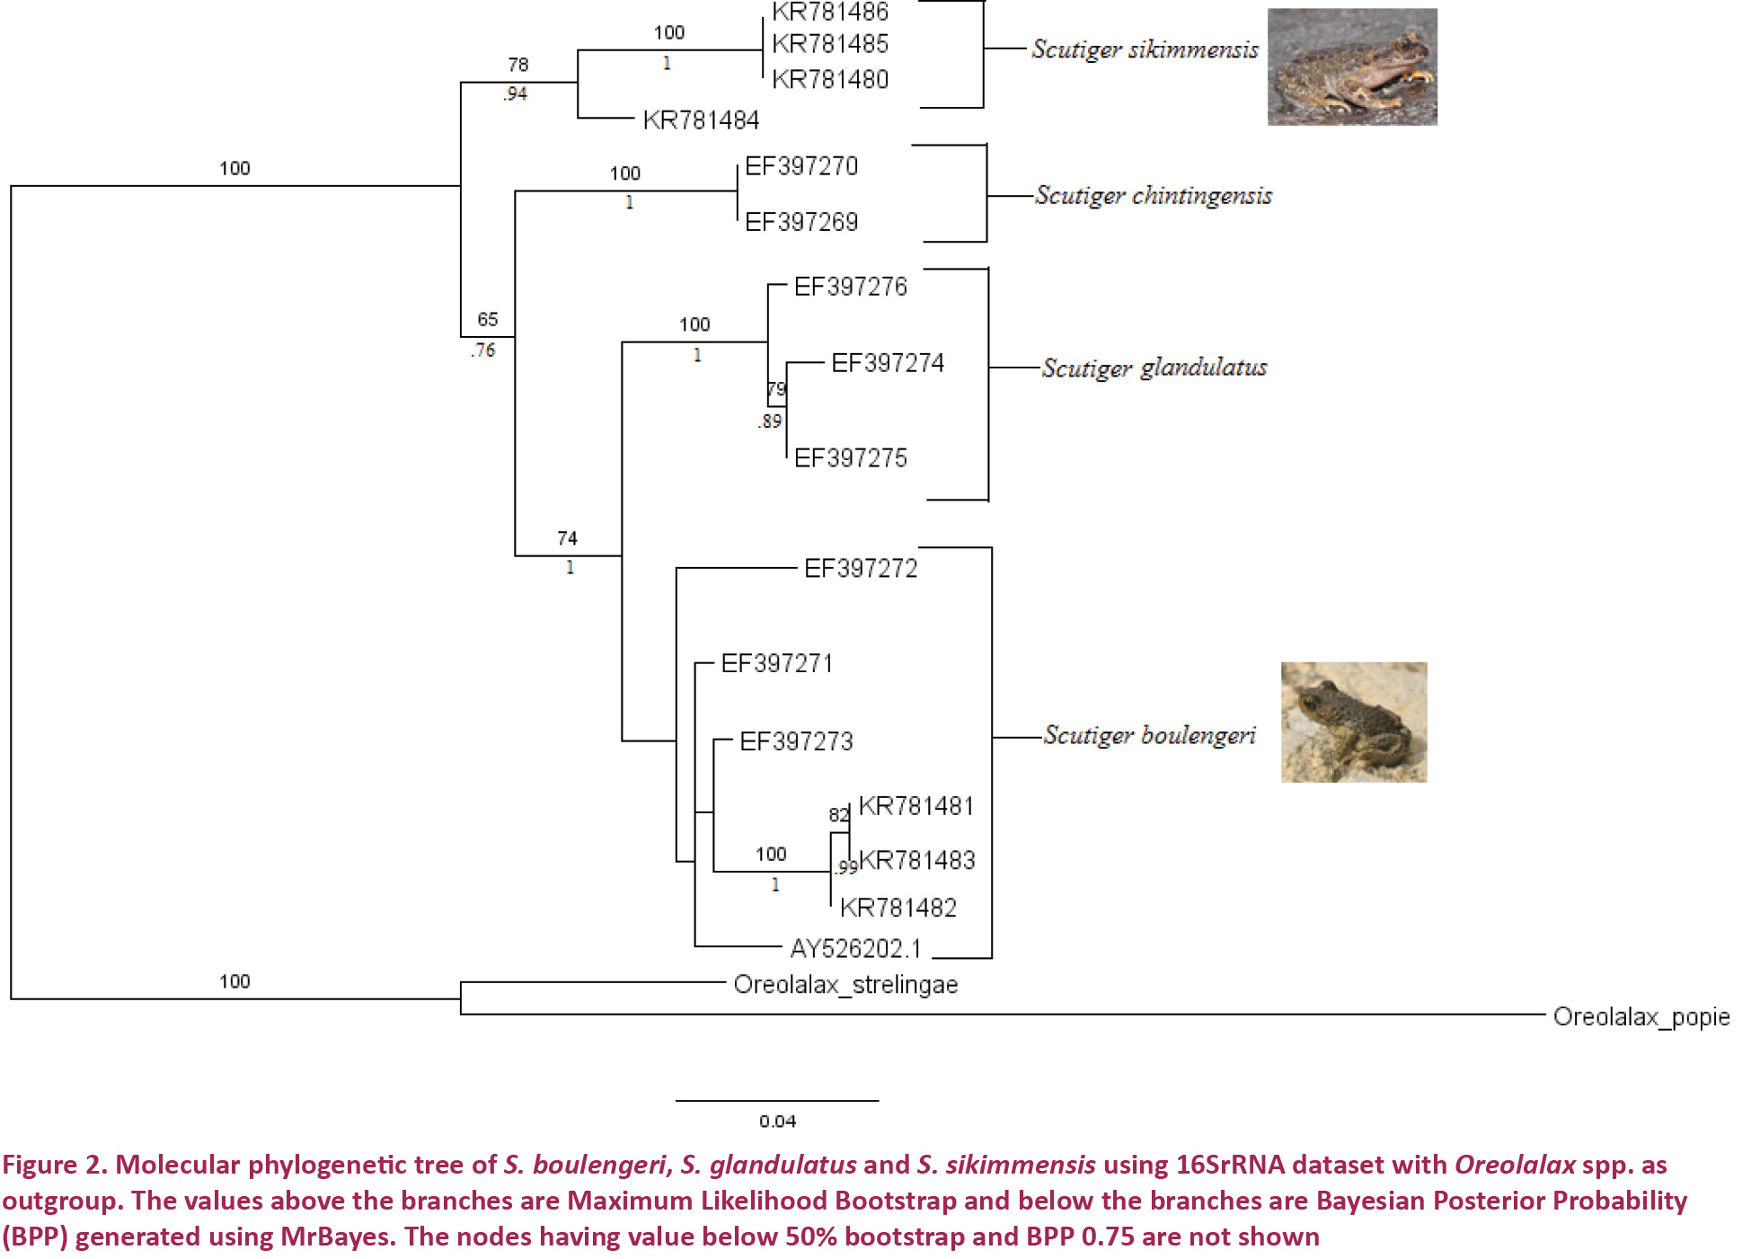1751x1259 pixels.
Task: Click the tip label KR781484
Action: point(701,120)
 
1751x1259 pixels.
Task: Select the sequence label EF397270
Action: point(801,166)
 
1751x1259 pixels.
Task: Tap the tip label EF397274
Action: point(888,363)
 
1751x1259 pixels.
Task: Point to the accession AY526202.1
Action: point(855,948)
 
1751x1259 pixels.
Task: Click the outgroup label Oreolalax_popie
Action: point(1640,1016)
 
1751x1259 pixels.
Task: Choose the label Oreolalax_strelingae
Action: point(845,985)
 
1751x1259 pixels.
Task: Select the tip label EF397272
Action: point(861,568)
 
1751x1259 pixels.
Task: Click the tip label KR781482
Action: point(898,908)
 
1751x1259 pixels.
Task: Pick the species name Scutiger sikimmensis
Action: point(1145,49)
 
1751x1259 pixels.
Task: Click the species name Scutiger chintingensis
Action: point(1154,196)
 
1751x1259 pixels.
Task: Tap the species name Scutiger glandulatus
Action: point(1154,368)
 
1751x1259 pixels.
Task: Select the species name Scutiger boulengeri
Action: point(1149,735)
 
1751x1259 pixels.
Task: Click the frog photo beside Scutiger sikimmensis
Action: point(1351,66)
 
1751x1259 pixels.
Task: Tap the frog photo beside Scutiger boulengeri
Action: point(1353,722)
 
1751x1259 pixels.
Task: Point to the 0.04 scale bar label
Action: point(777,1121)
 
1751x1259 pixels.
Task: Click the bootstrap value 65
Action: point(487,319)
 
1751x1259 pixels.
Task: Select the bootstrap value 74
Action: point(567,538)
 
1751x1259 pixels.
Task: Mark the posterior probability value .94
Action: point(516,93)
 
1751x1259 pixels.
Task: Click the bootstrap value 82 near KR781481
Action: point(838,814)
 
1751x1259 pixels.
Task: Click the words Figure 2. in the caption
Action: point(54,1165)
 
